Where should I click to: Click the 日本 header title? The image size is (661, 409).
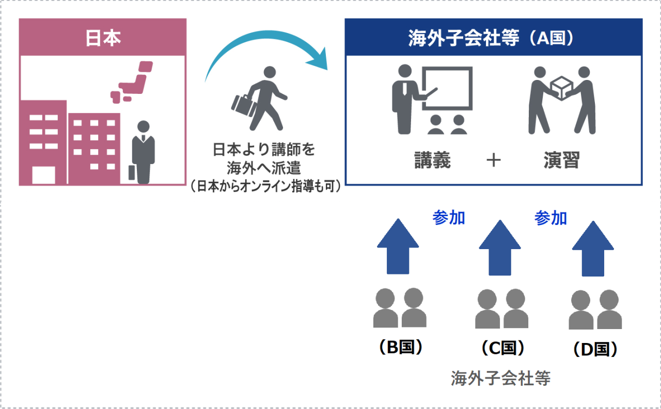click(103, 38)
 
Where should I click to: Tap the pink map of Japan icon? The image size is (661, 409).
click(132, 83)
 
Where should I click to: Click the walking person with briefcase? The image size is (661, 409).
click(259, 99)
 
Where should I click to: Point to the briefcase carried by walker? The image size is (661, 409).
click(243, 106)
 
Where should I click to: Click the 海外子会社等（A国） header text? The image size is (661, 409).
click(491, 38)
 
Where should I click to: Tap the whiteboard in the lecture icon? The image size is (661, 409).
click(447, 88)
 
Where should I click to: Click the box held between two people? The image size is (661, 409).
click(561, 88)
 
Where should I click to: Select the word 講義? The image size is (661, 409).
click(433, 160)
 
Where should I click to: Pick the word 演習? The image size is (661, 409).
click(562, 160)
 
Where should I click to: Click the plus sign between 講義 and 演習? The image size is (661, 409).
click(494, 160)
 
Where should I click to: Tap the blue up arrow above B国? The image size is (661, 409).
click(398, 247)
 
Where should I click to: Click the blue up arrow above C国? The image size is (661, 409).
click(500, 248)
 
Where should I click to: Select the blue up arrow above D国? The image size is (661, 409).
click(593, 249)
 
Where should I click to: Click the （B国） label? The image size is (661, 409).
click(401, 347)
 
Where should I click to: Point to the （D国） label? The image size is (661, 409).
click(595, 350)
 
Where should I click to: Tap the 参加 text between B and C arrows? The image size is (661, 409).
click(449, 218)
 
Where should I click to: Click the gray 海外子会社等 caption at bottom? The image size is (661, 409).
click(501, 379)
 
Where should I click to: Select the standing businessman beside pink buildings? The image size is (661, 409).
click(144, 152)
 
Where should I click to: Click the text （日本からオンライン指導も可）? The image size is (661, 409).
click(266, 186)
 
